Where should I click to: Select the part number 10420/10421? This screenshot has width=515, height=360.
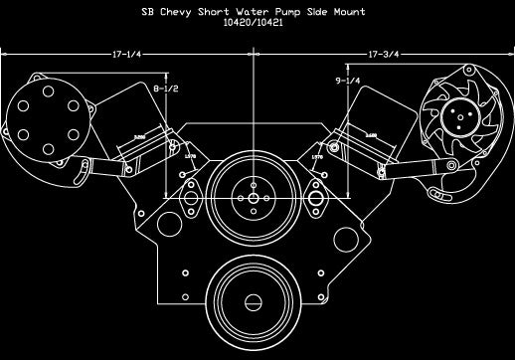coord(256,26)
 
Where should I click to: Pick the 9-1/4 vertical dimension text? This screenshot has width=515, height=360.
coord(347,81)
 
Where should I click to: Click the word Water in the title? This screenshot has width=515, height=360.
coord(262,13)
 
